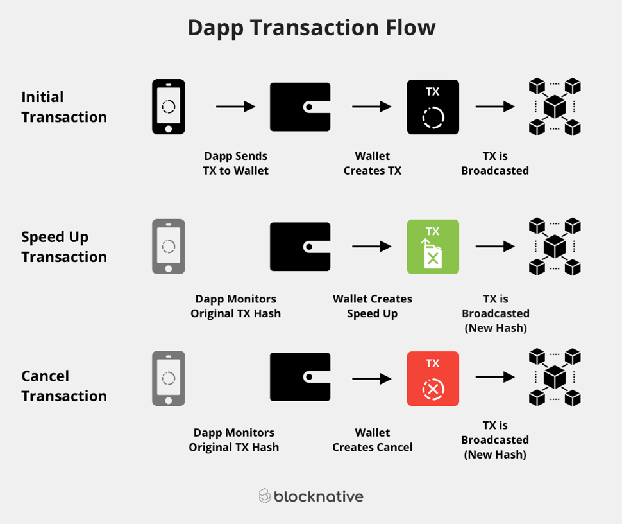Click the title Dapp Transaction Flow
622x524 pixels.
click(311, 28)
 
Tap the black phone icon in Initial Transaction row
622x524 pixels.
click(168, 107)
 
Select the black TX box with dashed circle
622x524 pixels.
click(433, 107)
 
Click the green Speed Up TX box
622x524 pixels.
click(433, 247)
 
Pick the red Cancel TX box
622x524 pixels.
click(433, 378)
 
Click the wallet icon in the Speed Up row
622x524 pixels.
click(300, 247)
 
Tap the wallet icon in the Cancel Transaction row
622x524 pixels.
click(300, 377)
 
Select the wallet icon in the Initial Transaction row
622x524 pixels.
click(300, 107)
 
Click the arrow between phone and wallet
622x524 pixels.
click(235, 107)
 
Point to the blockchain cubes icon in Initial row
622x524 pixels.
click(555, 107)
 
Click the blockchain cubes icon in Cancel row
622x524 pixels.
click(555, 378)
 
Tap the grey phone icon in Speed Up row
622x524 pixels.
click(168, 247)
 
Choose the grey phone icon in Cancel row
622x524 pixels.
click(168, 378)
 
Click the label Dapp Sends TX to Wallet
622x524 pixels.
click(235, 163)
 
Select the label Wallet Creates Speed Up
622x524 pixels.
click(372, 306)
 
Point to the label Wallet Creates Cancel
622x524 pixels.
click(372, 440)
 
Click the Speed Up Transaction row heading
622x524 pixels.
click(64, 247)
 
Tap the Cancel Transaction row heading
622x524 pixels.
click(64, 385)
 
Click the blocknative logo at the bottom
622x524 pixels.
click(311, 496)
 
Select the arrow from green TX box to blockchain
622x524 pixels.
click(495, 247)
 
